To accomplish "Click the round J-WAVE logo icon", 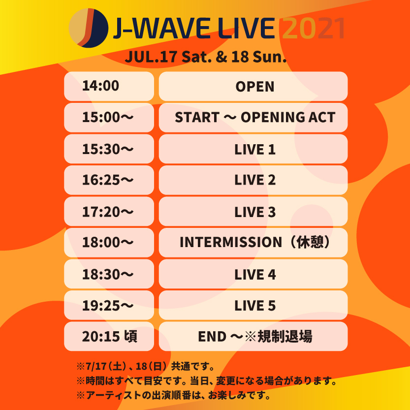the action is coord(89,28).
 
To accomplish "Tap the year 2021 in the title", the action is coord(314,28).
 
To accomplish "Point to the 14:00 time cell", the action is coord(109,86).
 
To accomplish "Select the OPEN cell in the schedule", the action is coord(253,86).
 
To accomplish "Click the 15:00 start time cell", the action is coord(109,118).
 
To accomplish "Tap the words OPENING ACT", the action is coord(288,117).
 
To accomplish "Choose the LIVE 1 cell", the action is coord(253,149).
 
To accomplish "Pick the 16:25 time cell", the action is coord(109,180).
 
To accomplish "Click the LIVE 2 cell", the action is coord(253,180).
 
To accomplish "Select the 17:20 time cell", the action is coord(109,211).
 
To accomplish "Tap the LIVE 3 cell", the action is coord(253,211).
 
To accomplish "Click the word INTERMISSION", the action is coord(231,242).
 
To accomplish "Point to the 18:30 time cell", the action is coord(109,274).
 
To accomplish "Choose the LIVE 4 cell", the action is coord(253,274).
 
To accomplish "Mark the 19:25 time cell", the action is coord(109,305).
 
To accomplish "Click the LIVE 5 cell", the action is coord(253,305).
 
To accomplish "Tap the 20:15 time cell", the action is coord(109,336).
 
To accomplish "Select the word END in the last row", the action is coord(212,337).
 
